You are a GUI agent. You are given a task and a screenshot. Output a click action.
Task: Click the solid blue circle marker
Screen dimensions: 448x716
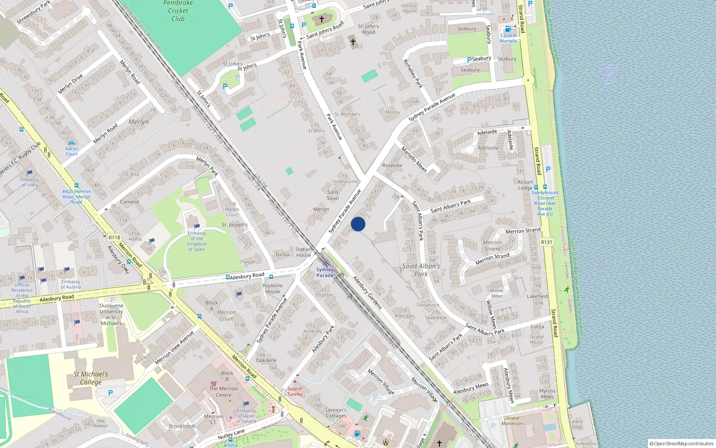pyautogui.click(x=358, y=224)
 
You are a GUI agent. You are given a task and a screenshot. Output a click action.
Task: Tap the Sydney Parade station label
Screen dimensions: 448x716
pyautogui.click(x=325, y=272)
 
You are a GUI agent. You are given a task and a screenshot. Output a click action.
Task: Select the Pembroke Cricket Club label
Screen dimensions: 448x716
pyautogui.click(x=178, y=11)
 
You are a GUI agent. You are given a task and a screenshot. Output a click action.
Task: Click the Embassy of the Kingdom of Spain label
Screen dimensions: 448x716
pyautogui.click(x=196, y=241)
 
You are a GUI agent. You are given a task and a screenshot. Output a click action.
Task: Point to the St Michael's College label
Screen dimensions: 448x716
pyautogui.click(x=91, y=378)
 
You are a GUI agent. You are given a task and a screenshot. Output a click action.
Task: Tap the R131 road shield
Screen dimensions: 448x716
pyautogui.click(x=546, y=242)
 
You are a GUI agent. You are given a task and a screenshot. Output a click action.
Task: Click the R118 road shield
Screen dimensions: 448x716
pyautogui.click(x=114, y=237)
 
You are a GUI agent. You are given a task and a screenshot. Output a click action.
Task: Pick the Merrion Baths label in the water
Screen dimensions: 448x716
pyautogui.click(x=607, y=74)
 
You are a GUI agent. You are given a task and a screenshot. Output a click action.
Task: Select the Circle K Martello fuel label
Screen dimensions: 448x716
pyautogui.click(x=508, y=38)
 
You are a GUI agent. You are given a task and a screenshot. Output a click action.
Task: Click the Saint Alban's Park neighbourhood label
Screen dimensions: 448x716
pyautogui.click(x=421, y=270)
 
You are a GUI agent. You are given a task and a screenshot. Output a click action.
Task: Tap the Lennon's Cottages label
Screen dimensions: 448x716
pyautogui.click(x=336, y=413)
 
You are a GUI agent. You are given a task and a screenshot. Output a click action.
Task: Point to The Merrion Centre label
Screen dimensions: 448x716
pyautogui.click(x=223, y=392)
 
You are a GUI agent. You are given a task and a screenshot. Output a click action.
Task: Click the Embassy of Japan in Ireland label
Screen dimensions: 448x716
pyautogui.click(x=246, y=416)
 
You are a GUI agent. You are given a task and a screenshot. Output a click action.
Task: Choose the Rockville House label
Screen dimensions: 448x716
pyautogui.click(x=273, y=288)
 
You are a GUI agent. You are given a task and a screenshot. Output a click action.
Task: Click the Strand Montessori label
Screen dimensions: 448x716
pyautogui.click(x=512, y=421)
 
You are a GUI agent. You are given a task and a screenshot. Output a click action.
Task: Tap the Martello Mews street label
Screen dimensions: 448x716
pyautogui.click(x=414, y=159)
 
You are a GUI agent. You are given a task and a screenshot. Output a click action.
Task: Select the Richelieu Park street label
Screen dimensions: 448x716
pyautogui.click(x=413, y=73)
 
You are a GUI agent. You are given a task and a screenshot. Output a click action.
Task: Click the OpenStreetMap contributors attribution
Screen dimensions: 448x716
pyautogui.click(x=682, y=444)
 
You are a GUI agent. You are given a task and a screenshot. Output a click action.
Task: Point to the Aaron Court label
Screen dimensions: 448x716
pyautogui.click(x=72, y=151)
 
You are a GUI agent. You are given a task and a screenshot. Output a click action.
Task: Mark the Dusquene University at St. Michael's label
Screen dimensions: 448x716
pyautogui.click(x=111, y=314)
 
